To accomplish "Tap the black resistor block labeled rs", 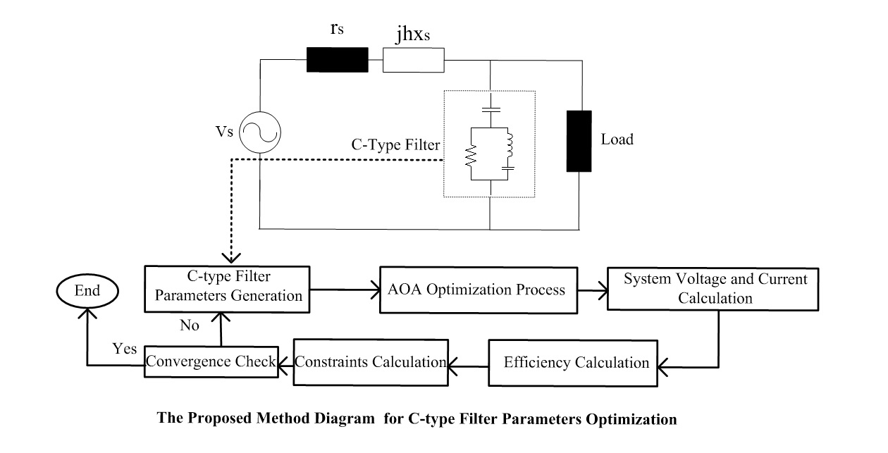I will (x=337, y=60).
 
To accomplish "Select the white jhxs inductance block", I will (x=414, y=60).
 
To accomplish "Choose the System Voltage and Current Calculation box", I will (x=715, y=289).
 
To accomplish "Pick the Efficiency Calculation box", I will (x=576, y=364).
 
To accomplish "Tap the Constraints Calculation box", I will (x=370, y=363).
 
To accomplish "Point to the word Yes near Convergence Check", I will (x=124, y=350).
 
